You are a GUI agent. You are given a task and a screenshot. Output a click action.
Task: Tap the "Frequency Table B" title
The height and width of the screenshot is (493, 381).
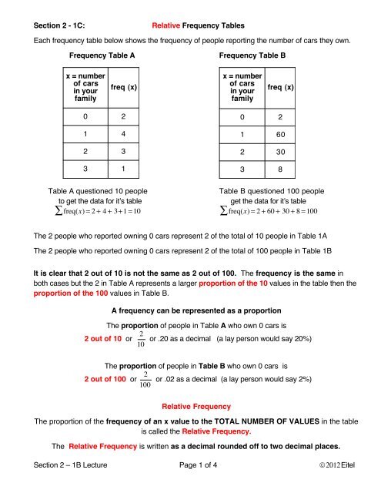tap(253, 56)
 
